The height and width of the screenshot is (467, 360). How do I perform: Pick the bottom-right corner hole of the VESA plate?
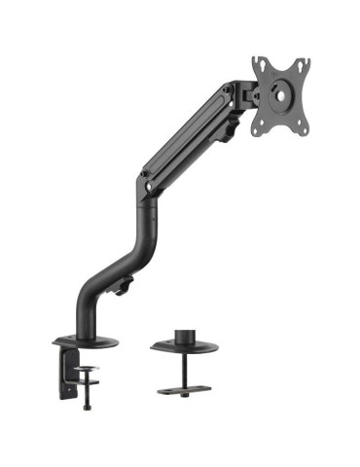click(304, 126)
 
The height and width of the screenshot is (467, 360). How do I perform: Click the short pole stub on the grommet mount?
click(185, 333)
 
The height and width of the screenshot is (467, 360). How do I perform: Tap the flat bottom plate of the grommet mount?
click(186, 393)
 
